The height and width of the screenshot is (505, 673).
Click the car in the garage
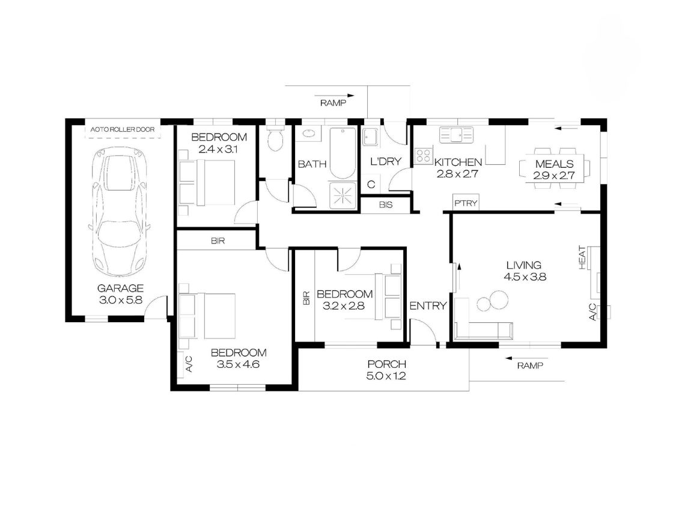[x=120, y=212]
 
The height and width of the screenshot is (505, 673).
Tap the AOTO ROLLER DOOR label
[x=123, y=129]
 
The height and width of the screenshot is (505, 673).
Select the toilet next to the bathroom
[x=275, y=138]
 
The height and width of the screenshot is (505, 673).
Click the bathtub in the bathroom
[x=343, y=153]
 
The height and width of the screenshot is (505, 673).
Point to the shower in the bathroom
[x=343, y=196]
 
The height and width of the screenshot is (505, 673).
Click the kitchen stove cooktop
[x=423, y=156]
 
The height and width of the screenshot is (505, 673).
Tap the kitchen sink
[x=456, y=135]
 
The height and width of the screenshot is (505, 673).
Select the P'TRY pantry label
[x=466, y=203]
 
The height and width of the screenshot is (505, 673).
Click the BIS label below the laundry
[x=386, y=205]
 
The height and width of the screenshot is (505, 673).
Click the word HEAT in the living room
[x=582, y=258]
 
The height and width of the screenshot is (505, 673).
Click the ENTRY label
[x=428, y=306]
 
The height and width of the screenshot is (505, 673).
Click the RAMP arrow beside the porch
[x=526, y=358]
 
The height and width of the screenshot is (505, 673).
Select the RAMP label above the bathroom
[x=333, y=103]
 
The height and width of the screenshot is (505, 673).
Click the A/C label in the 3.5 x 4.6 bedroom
[x=189, y=364]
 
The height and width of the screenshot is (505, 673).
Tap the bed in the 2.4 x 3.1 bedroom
[x=207, y=183]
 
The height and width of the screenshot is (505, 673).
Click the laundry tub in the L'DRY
[x=370, y=137]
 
